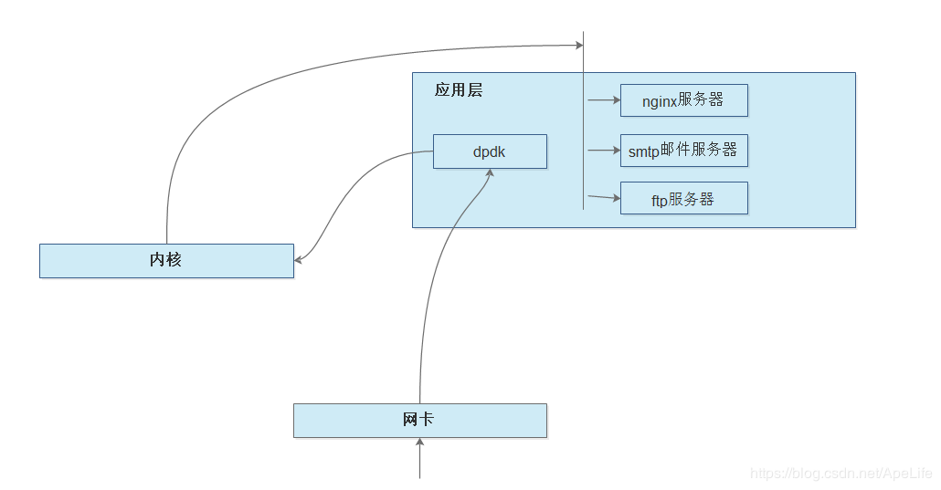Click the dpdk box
coord(490,151)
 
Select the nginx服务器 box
coord(683,100)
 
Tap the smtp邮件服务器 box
coord(683,151)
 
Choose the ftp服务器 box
coord(683,199)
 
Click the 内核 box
coord(166,260)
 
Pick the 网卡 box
coord(419,421)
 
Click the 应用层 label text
coord(459,90)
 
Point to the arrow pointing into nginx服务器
coord(603,100)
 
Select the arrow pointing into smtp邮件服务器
coord(603,151)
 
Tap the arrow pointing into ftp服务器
coord(603,197)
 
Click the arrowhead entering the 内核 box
coord(299,260)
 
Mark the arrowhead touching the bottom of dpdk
coord(490,173)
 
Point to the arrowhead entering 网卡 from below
coord(419,443)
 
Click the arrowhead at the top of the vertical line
coord(577,44)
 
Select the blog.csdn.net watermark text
coord(841,474)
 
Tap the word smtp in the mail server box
coord(644,151)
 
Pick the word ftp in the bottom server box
coord(660,201)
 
